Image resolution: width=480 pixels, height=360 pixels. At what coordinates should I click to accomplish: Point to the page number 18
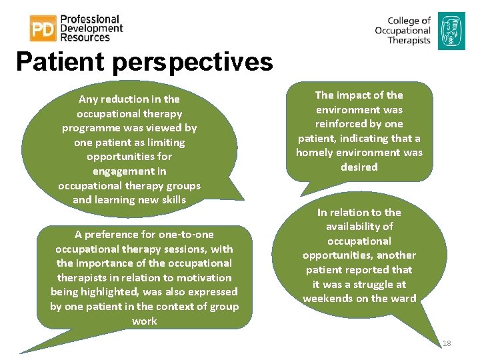coord(447,343)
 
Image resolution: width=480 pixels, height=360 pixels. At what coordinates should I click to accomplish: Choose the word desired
coord(359,167)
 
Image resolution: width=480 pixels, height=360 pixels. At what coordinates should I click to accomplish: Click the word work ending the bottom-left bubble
coord(145,321)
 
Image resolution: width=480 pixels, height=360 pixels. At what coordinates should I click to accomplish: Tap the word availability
coord(359,227)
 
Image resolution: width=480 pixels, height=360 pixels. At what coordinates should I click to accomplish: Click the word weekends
coord(327,299)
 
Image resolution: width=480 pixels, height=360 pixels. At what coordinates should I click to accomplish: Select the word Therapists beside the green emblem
coord(409,41)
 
